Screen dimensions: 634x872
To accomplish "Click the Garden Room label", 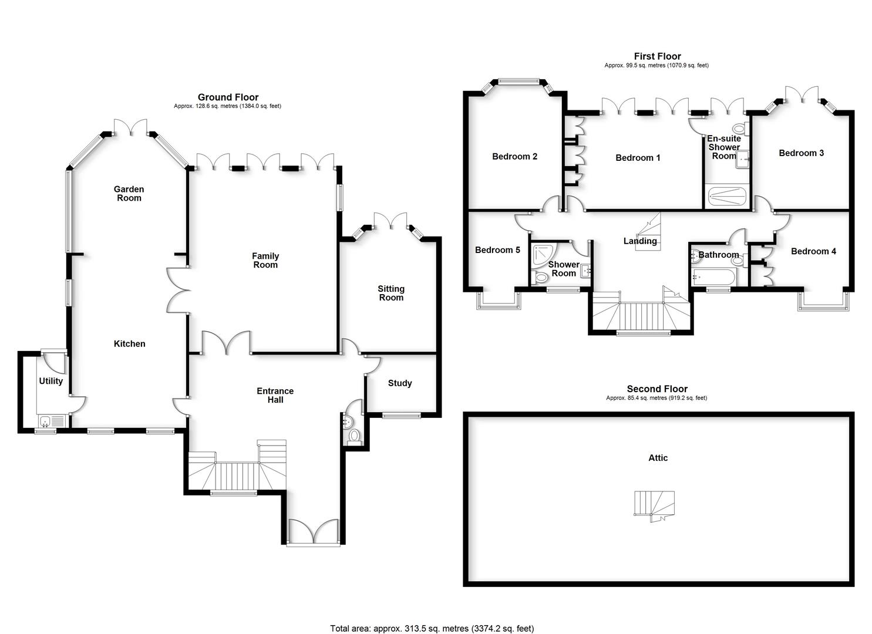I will (129, 193).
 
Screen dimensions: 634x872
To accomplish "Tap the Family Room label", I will (265, 260).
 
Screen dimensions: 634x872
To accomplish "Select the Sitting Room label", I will (391, 293).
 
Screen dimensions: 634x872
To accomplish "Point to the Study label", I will (400, 383).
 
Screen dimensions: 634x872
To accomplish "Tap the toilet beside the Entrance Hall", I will (353, 436).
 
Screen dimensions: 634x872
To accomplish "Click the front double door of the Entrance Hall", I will (313, 532).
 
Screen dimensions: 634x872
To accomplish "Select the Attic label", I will (658, 458).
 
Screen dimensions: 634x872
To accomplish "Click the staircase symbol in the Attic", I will (654, 505).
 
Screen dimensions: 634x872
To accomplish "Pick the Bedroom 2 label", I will (514, 157).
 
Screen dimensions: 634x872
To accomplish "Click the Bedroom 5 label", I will (497, 250).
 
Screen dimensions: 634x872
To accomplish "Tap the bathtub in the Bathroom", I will (712, 278).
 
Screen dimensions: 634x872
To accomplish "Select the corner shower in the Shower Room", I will (540, 255).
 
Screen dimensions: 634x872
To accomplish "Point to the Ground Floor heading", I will (228, 97).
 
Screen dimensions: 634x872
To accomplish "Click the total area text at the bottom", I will (432, 628).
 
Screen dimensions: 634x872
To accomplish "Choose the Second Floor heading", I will (656, 389).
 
